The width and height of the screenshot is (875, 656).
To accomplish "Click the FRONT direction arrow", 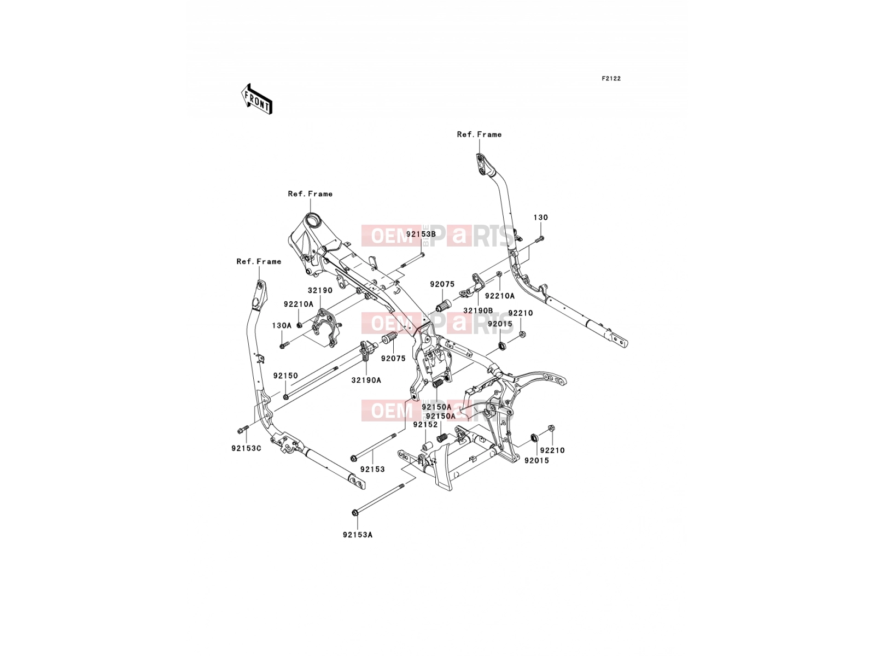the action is point(256,99).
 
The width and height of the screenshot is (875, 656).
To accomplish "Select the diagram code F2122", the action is point(611,79).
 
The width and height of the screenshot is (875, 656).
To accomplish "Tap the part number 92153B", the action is point(421,234).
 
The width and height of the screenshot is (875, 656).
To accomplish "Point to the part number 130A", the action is point(282,325).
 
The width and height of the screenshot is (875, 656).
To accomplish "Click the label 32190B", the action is point(478,311).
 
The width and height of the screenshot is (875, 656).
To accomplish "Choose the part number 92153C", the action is point(246,448).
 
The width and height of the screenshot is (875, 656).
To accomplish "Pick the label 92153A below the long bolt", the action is point(358,535).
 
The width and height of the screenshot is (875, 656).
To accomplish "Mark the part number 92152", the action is point(425,425).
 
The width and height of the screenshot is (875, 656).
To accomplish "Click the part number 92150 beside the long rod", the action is point(285,376).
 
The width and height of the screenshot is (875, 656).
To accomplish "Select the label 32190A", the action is point(366,380).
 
